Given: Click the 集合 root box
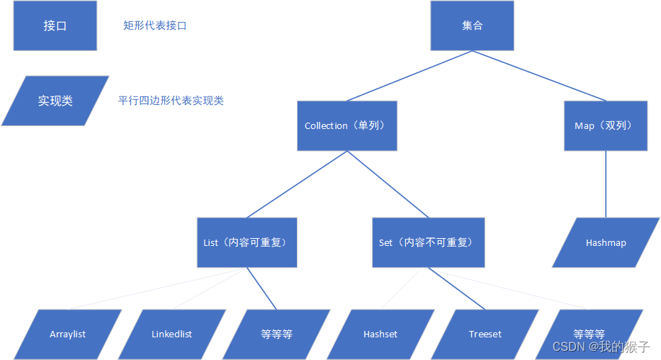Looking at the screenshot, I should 472,26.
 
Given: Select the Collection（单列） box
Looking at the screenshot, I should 346,125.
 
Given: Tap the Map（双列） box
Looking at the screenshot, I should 605,125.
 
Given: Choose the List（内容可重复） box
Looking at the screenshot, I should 247,242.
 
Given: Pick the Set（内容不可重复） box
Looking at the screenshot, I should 428,242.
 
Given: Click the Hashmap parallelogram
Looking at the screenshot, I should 606,242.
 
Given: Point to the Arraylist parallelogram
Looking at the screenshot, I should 68,334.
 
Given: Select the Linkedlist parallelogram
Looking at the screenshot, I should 171,334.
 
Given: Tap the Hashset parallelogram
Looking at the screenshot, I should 380,334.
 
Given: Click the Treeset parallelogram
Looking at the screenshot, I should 485,334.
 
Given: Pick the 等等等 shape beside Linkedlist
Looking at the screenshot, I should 276,334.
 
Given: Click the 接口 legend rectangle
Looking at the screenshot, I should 55,26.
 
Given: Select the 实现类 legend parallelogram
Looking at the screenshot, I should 55,101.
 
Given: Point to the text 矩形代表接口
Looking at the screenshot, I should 155,26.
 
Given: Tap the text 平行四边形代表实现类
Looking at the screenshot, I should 171,101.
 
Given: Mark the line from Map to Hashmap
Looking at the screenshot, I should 606,184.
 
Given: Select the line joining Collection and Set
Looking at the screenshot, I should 388,184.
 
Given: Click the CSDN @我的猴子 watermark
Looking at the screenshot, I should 601,347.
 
